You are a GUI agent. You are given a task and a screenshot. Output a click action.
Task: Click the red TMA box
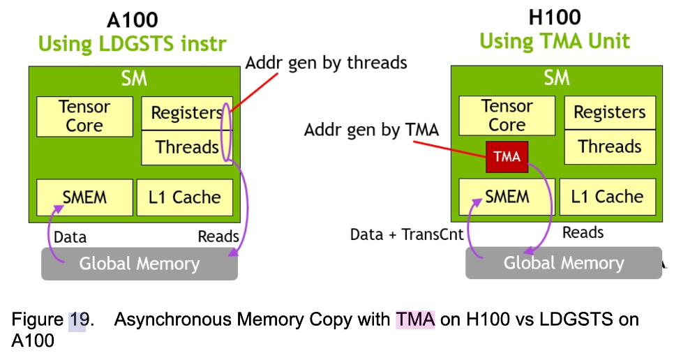tap(507, 156)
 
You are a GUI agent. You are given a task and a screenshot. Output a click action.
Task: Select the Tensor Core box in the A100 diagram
tap(84, 117)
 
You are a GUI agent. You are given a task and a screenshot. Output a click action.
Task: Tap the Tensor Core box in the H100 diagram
tap(507, 116)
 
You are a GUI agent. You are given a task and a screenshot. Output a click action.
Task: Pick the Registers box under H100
tap(609, 112)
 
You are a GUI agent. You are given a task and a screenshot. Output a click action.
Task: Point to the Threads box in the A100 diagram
tap(186, 147)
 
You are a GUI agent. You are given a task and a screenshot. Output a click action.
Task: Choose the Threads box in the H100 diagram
tap(609, 147)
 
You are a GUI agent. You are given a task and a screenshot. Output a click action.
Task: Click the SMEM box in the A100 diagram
tap(84, 197)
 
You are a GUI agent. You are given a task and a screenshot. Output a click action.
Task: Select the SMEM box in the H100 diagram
tap(507, 197)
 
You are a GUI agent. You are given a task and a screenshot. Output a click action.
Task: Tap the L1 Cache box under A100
tap(185, 197)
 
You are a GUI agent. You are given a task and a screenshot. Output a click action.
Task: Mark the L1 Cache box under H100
tap(607, 197)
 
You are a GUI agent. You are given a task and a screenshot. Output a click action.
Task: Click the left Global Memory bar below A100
tap(139, 264)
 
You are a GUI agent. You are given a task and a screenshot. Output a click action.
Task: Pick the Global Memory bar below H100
tap(563, 263)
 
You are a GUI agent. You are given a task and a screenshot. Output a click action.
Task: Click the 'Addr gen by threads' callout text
tap(326, 62)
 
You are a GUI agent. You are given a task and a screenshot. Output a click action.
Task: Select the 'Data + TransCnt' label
tap(407, 234)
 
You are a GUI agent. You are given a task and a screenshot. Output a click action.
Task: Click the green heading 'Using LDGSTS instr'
tap(133, 44)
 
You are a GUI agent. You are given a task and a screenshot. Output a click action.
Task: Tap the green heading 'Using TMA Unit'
tap(555, 41)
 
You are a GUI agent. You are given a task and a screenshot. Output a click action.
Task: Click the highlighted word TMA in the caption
tap(415, 320)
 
